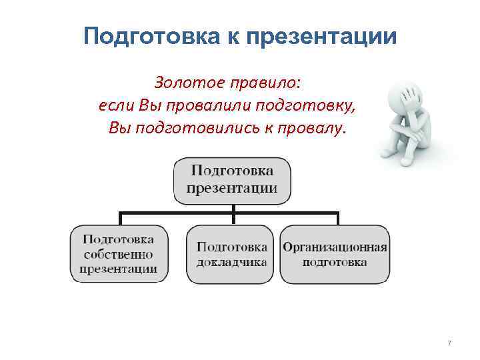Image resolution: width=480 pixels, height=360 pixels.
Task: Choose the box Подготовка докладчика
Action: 232,254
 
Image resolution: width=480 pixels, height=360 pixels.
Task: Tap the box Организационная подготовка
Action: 335,254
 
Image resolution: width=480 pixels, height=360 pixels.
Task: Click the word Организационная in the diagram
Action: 335,247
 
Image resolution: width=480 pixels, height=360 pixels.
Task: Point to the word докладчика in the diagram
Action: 232,262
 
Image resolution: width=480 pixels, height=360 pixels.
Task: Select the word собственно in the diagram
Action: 119,254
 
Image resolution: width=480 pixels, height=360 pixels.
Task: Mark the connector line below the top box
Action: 233,212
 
